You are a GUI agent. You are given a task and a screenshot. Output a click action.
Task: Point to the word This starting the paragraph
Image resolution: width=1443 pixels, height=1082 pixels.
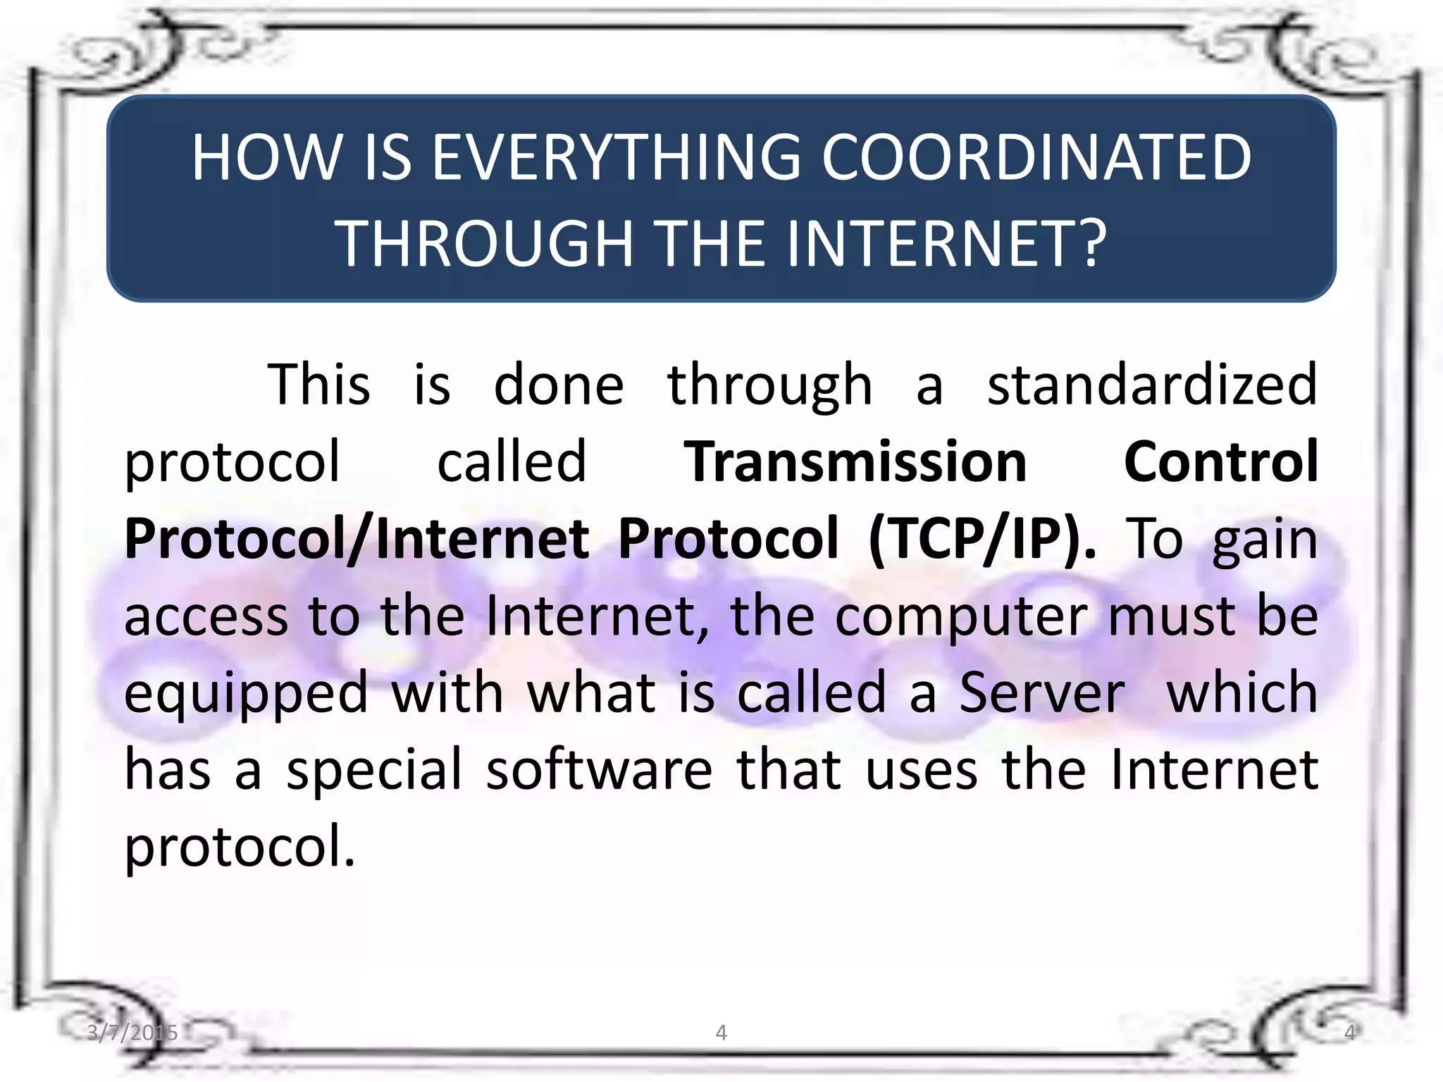coord(319,385)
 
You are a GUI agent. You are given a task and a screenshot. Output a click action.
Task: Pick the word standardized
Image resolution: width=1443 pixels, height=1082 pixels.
coord(1152,385)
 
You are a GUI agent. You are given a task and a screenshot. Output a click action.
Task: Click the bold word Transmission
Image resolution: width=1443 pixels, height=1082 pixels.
coord(855,461)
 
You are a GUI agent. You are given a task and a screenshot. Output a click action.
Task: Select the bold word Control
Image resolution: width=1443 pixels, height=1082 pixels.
coord(1220,461)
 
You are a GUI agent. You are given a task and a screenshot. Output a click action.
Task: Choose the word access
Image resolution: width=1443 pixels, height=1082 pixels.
coord(206,616)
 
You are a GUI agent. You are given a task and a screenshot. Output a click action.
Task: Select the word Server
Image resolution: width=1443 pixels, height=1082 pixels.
coord(1042,693)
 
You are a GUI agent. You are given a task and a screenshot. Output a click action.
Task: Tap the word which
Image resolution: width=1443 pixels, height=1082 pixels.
coord(1241,693)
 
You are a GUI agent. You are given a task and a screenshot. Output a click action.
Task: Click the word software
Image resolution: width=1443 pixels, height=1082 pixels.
coord(600,769)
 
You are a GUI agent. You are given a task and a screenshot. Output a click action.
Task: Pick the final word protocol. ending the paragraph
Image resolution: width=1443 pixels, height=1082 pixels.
coord(240,847)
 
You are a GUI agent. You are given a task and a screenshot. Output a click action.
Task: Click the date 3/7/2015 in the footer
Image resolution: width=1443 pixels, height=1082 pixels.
coord(132,1033)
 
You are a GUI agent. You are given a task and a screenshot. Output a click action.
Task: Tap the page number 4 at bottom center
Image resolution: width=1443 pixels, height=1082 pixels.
coord(721,1033)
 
